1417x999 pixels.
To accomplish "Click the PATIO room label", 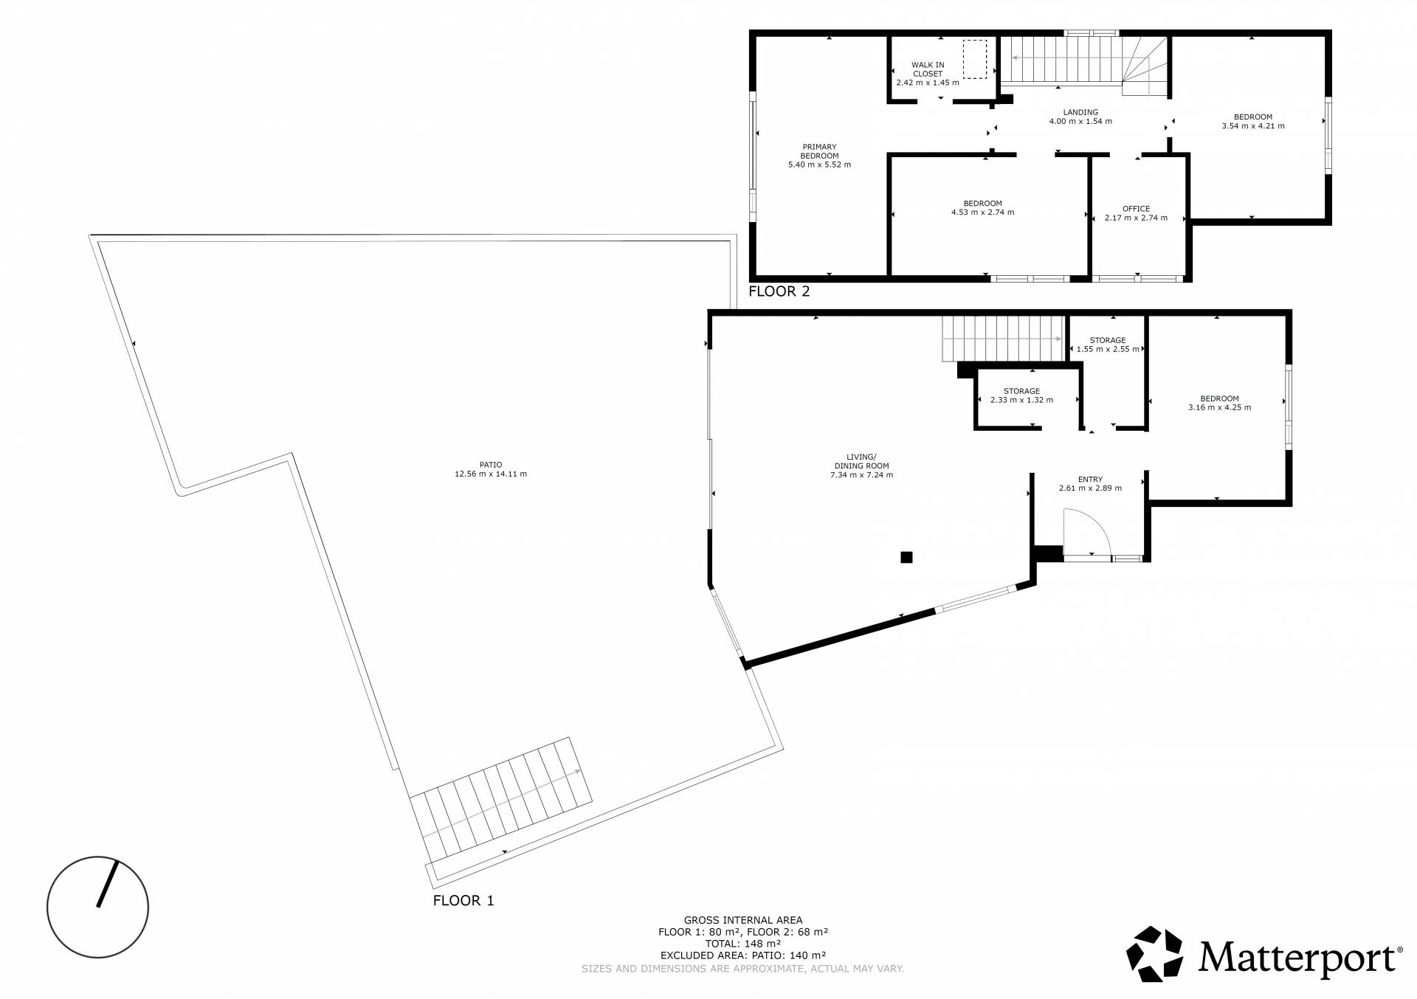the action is click(491, 465).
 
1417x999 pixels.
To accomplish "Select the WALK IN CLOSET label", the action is click(928, 69).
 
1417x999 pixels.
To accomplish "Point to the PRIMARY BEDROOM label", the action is click(819, 151).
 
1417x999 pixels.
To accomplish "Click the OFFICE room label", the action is click(1137, 209).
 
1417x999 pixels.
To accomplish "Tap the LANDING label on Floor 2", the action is click(1080, 112).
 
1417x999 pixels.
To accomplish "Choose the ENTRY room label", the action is click(1090, 480).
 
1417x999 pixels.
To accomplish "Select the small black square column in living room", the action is click(906, 557).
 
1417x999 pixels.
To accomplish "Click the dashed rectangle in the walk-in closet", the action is click(975, 59).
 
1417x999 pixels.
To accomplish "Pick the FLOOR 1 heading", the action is click(463, 901).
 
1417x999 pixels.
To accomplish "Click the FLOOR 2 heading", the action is click(779, 291).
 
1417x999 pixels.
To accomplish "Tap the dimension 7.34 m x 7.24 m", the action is click(861, 475).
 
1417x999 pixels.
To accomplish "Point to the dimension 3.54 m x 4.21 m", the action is click(1253, 126).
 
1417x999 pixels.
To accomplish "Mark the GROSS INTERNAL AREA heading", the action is click(743, 920).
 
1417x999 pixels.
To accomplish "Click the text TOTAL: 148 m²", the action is click(743, 944).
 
